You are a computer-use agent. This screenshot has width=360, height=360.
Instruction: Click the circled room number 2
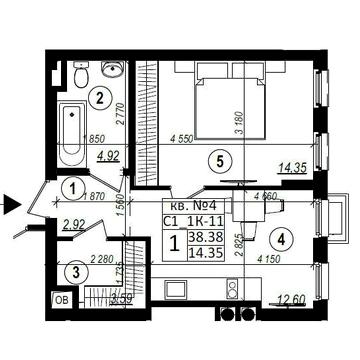(x=101, y=97)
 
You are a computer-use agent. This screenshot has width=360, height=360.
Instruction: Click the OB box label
(x=62, y=299)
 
